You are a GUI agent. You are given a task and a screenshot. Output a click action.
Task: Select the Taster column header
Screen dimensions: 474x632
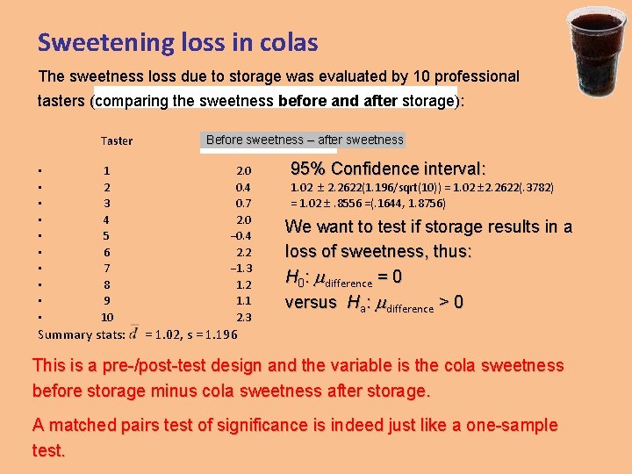pyautogui.click(x=117, y=140)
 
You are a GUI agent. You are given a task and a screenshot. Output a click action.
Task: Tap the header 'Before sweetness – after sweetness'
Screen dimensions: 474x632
pyautogui.click(x=305, y=140)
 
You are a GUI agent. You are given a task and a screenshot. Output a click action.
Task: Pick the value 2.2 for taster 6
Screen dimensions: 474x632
pyautogui.click(x=243, y=252)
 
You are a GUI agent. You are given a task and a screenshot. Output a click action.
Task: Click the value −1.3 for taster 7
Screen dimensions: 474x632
pyautogui.click(x=241, y=269)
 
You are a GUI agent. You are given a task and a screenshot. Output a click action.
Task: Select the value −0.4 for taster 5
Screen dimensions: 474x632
pyautogui.click(x=241, y=236)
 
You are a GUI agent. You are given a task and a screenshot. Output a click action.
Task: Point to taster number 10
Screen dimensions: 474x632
pyautogui.click(x=107, y=317)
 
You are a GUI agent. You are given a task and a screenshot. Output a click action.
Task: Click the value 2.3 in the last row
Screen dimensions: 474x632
pyautogui.click(x=243, y=317)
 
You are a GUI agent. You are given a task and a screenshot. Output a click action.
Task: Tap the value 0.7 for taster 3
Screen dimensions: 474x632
pyautogui.click(x=243, y=204)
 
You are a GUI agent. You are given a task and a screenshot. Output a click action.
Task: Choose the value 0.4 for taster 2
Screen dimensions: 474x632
pyautogui.click(x=243, y=187)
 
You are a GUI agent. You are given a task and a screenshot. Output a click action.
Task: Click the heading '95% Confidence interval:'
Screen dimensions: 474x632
pyautogui.click(x=388, y=169)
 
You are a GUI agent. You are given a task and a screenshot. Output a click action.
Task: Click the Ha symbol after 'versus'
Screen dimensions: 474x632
pyautogui.click(x=356, y=303)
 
